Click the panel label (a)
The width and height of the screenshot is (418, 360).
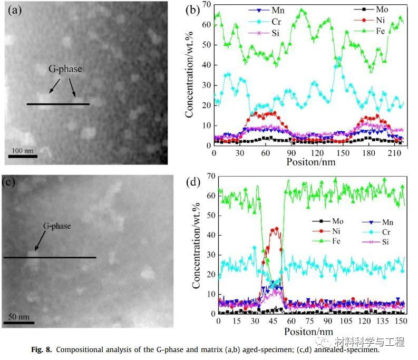[x=14, y=11]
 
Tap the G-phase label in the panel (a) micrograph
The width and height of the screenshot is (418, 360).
[x=65, y=69]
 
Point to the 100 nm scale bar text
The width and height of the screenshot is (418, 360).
[x=23, y=151]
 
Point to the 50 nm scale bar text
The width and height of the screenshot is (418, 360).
[x=19, y=317]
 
